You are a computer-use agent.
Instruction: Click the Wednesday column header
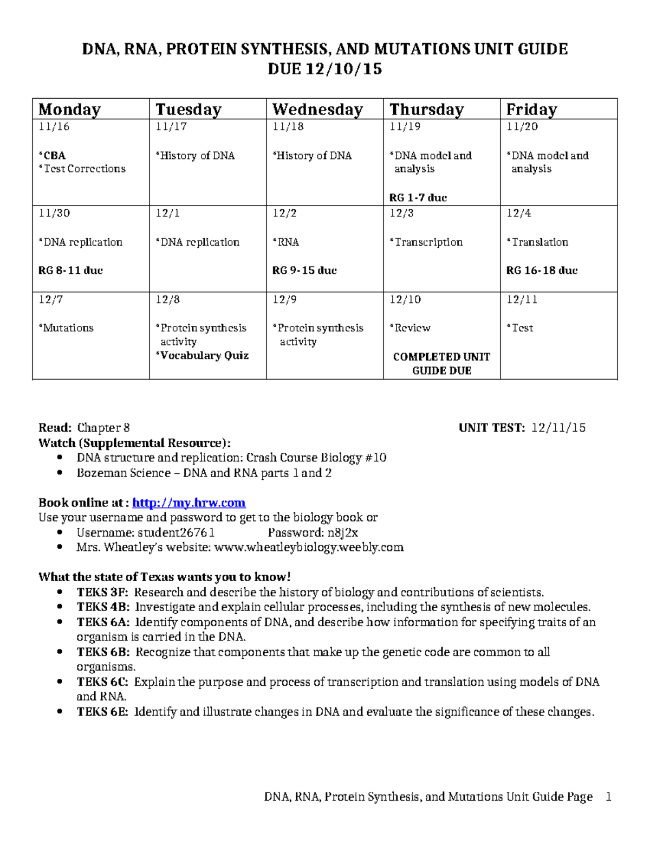[x=317, y=110]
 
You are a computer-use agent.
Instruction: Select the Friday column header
[x=531, y=110]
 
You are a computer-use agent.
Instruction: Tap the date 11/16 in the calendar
[x=54, y=127]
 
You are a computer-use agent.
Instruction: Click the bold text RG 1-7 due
[x=418, y=198]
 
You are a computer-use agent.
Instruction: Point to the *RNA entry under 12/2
[x=285, y=242]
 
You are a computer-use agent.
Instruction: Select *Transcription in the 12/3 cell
[x=426, y=242]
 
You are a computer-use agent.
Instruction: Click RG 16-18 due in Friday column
[x=542, y=271]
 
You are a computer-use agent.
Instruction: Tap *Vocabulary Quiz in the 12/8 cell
[x=202, y=356]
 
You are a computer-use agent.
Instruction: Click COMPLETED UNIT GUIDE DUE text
[x=441, y=364]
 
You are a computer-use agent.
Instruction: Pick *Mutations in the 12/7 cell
[x=66, y=328]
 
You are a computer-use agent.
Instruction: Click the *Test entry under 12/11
[x=520, y=328]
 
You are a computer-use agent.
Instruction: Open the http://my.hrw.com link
[x=188, y=503]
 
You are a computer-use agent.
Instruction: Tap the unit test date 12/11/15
[x=558, y=428]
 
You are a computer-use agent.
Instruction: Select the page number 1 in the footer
[x=608, y=796]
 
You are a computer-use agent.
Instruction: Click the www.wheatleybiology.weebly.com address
[x=309, y=547]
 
